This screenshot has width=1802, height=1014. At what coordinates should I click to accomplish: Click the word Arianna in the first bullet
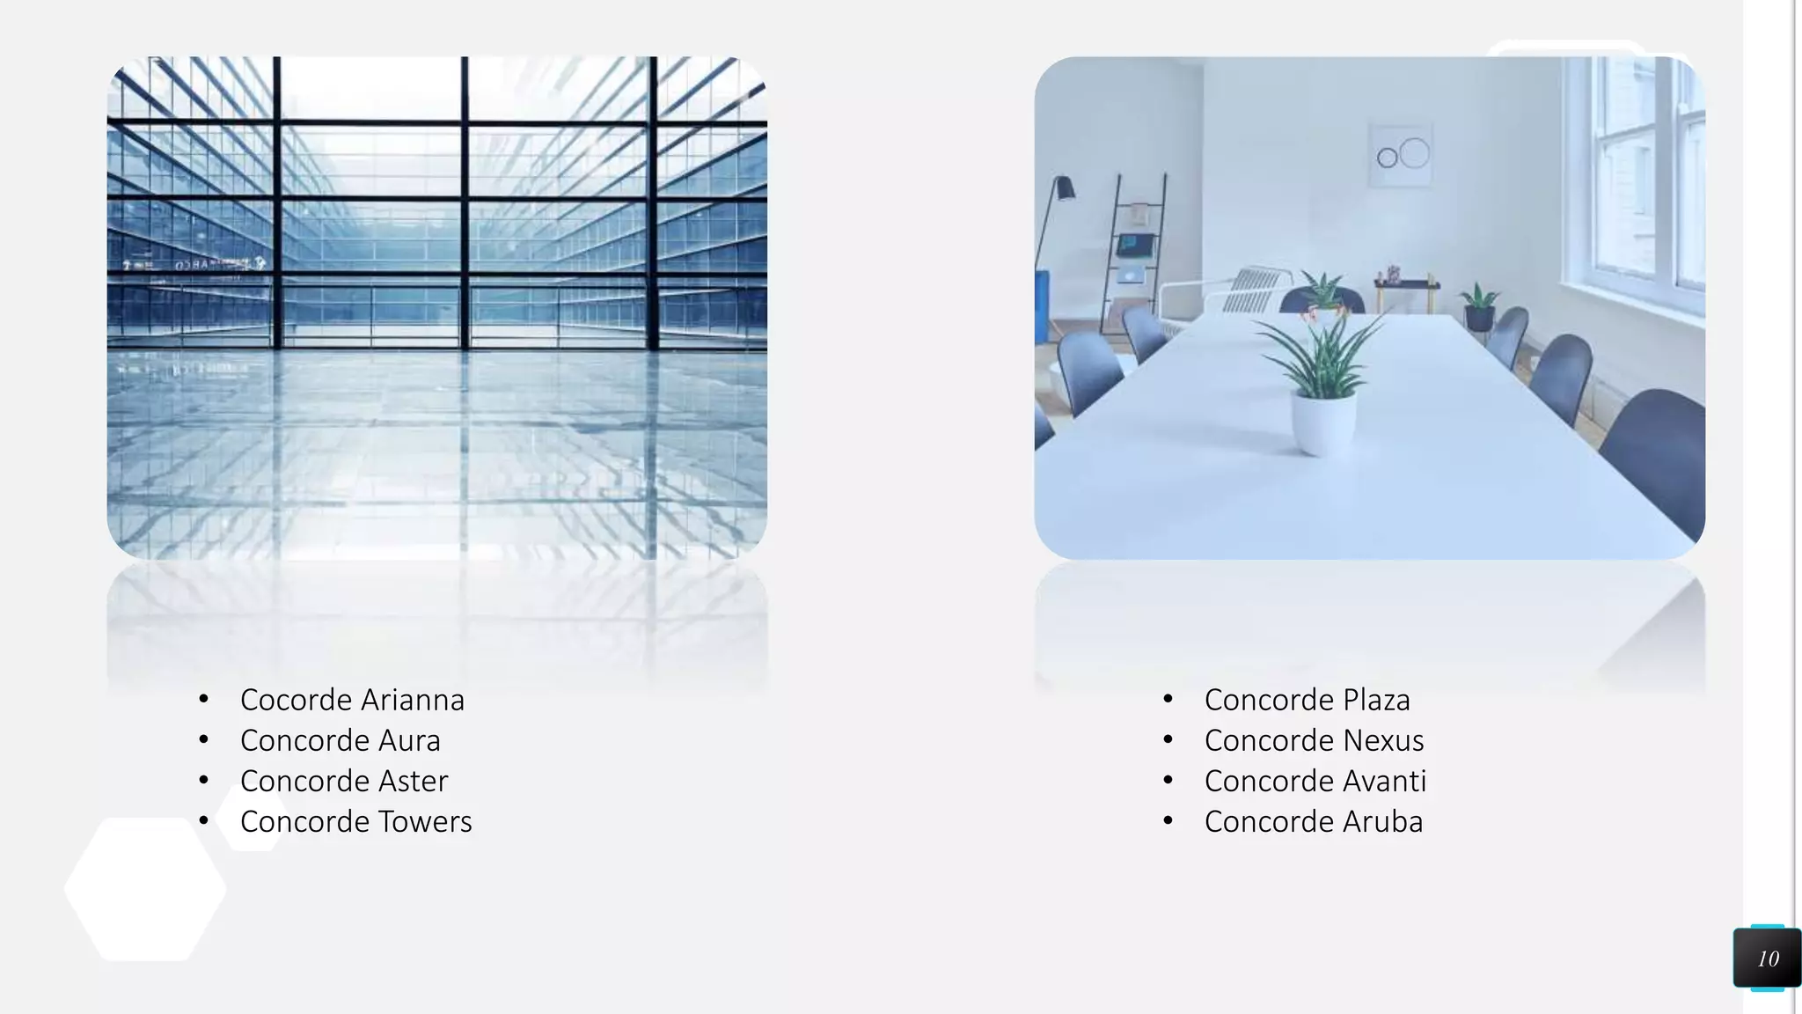(x=413, y=700)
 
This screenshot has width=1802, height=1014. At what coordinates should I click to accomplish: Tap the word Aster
(x=413, y=781)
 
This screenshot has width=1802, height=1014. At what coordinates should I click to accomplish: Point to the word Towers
(x=425, y=821)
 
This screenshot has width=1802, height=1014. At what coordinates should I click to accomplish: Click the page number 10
(x=1768, y=959)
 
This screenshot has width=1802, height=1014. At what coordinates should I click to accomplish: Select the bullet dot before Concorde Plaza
(x=1168, y=700)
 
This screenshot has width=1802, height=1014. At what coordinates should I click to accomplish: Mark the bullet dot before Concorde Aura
(x=203, y=740)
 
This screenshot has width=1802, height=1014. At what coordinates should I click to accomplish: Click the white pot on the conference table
(x=1322, y=422)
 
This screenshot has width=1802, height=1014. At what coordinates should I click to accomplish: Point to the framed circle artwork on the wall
(x=1401, y=155)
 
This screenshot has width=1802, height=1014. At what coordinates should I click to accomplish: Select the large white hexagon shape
(x=145, y=889)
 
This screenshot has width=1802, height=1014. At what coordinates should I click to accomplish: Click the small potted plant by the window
(x=1478, y=308)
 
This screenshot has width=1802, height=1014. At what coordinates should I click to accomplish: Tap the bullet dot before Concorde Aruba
(x=1168, y=821)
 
